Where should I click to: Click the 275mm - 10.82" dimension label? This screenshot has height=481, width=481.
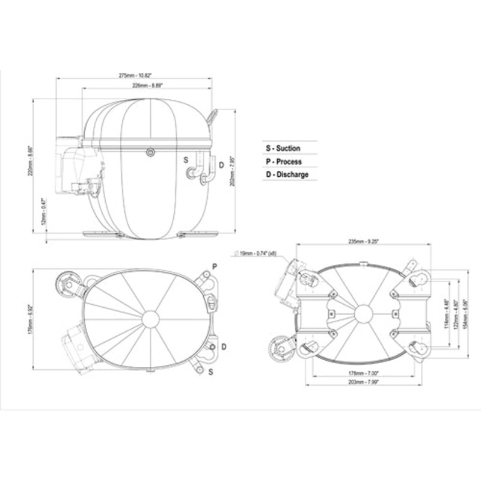click(x=135, y=75)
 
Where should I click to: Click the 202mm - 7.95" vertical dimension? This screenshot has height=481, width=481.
click(x=233, y=171)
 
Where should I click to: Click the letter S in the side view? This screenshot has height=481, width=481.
click(x=186, y=159)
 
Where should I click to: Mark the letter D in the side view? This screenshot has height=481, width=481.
click(x=221, y=165)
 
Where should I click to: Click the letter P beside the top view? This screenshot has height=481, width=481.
click(x=215, y=266)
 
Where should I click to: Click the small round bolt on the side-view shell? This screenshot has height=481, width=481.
click(x=150, y=153)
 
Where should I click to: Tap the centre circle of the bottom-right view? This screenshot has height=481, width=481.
click(x=363, y=313)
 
